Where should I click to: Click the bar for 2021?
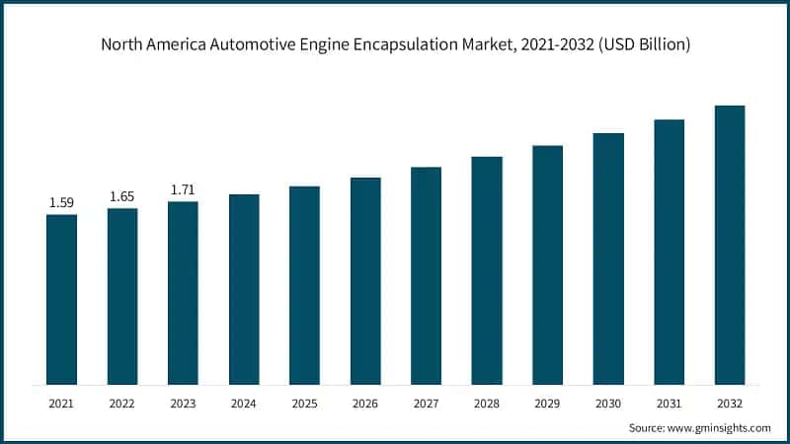click(x=61, y=299)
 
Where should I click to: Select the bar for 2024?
click(x=244, y=289)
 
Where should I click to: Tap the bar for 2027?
click(x=426, y=275)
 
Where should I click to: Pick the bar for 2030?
click(x=608, y=259)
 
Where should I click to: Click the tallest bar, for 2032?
click(x=730, y=245)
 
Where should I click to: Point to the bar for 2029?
click(x=547, y=264)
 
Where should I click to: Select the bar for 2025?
click(x=304, y=285)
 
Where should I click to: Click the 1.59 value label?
click(x=61, y=202)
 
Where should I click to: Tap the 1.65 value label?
click(x=122, y=196)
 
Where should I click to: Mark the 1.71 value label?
click(x=183, y=189)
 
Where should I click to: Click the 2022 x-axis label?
click(x=122, y=404)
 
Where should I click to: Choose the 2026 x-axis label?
click(x=365, y=404)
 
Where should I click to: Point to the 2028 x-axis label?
click(x=487, y=404)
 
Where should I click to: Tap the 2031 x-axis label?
click(x=669, y=404)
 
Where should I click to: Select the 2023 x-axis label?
click(x=183, y=404)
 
